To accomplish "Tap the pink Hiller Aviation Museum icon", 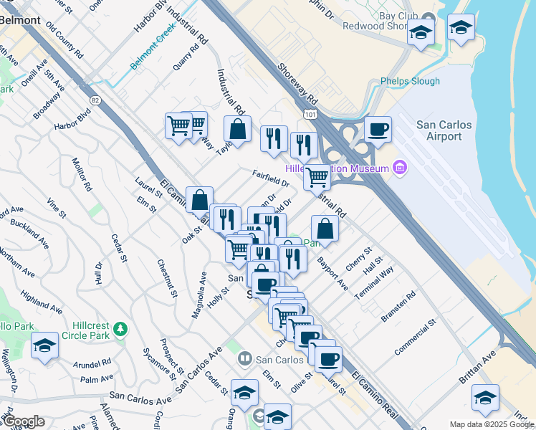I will click(400, 168).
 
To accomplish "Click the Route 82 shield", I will click(95, 100).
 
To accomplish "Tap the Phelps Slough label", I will click(410, 81).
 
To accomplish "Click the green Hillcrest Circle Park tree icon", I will click(121, 328).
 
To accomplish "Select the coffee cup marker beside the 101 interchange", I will click(378, 130).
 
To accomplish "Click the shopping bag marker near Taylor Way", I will click(237, 130).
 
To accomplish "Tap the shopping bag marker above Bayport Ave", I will click(325, 229).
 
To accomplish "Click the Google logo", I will click(23, 421).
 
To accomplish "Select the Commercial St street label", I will click(415, 338).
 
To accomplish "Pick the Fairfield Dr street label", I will click(270, 178).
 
